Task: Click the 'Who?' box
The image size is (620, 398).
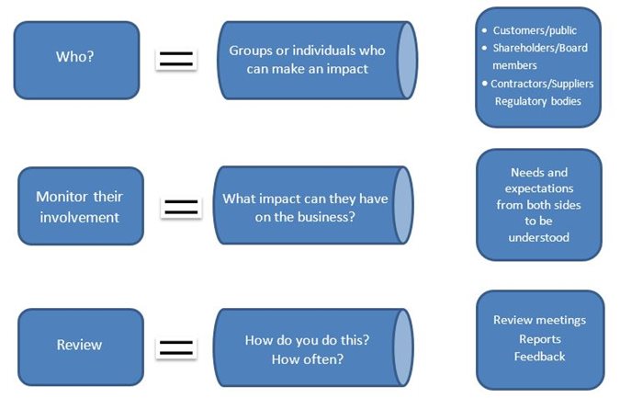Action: pyautogui.click(x=77, y=60)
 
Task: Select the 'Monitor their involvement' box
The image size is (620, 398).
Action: pyautogui.click(x=81, y=206)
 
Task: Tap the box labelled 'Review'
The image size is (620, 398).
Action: pyautogui.click(x=81, y=347)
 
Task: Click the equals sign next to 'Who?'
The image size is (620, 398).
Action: pyautogui.click(x=176, y=60)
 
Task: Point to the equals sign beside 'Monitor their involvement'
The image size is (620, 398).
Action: pyautogui.click(x=181, y=208)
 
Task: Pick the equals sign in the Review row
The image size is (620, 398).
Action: pyautogui.click(x=176, y=347)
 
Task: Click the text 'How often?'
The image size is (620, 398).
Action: pyautogui.click(x=308, y=359)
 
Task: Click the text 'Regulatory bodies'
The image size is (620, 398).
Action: pyautogui.click(x=537, y=101)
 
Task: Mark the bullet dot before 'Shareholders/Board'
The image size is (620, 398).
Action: pyautogui.click(x=485, y=48)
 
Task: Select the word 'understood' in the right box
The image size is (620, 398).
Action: pyautogui.click(x=539, y=237)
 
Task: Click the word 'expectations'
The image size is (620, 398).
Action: pyautogui.click(x=539, y=188)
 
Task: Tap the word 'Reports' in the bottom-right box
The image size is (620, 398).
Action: pyautogui.click(x=540, y=339)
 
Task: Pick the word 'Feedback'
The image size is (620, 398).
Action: pyautogui.click(x=539, y=357)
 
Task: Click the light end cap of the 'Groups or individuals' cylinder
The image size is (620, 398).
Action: pyautogui.click(x=407, y=60)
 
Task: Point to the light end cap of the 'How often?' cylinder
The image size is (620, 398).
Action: pyautogui.click(x=403, y=347)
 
